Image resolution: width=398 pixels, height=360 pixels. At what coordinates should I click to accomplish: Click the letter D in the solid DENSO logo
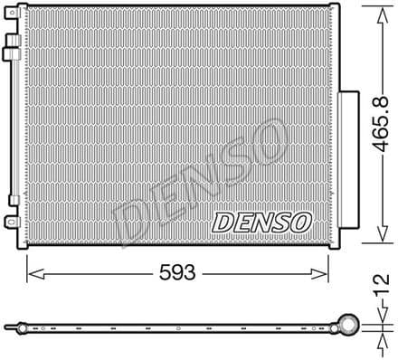(223, 221)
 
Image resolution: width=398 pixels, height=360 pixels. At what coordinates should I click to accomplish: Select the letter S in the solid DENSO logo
(280, 221)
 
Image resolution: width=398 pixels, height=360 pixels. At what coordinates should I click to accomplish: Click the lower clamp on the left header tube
(13, 201)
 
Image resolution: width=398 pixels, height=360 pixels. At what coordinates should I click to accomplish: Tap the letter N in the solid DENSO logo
(261, 221)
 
